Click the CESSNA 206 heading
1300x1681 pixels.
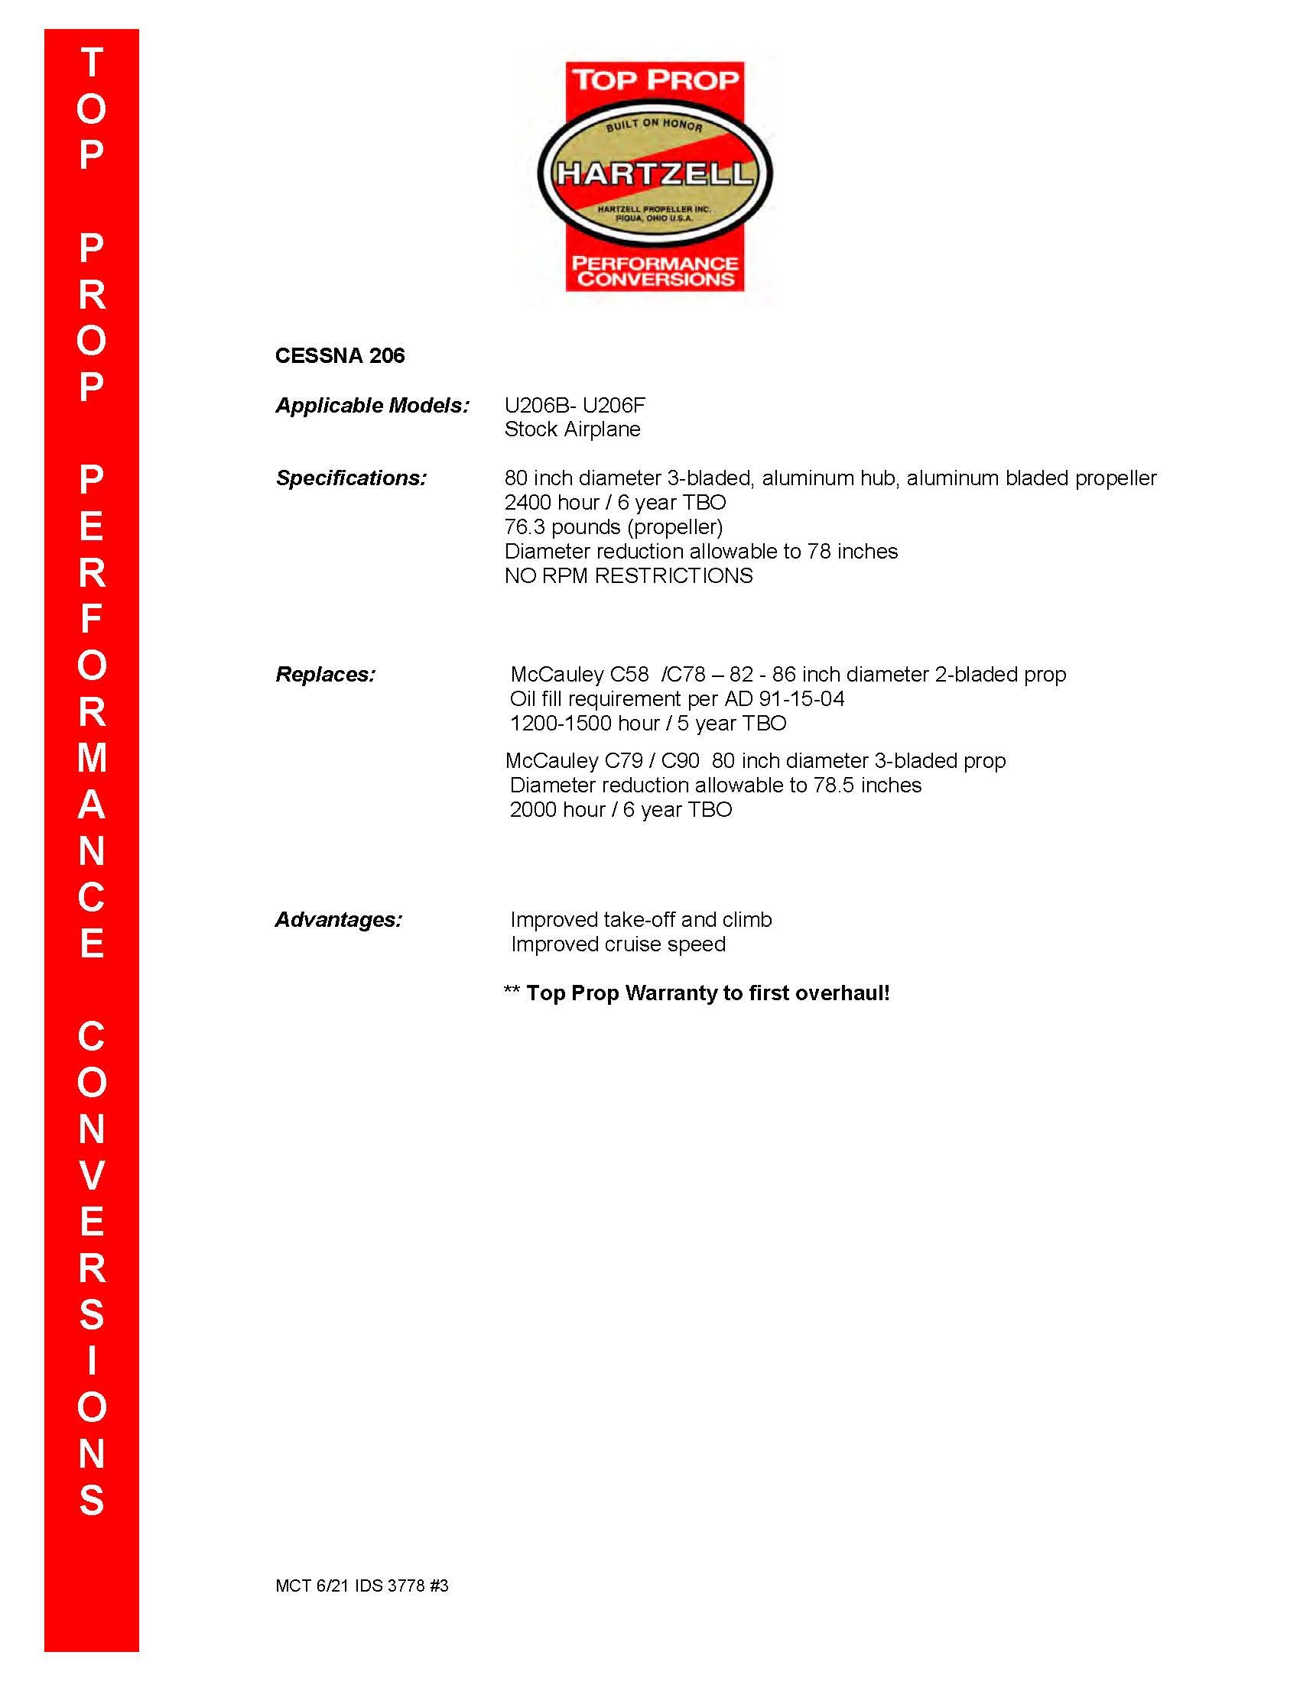tap(340, 355)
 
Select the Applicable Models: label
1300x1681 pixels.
tap(372, 406)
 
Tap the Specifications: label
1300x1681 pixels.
tap(351, 478)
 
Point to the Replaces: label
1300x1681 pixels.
tap(326, 674)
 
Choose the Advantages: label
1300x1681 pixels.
tap(339, 920)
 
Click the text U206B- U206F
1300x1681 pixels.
tap(574, 406)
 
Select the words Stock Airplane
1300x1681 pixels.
tap(572, 429)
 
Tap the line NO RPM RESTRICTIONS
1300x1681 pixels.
tap(629, 575)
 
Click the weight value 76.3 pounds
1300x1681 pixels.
tap(562, 527)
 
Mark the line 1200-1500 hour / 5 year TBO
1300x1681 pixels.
tap(648, 724)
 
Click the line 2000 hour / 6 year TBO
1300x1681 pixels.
tap(621, 810)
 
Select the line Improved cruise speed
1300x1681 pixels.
tap(618, 944)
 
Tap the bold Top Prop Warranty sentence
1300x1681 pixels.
tap(707, 993)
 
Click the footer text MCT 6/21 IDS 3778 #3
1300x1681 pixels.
tap(362, 1585)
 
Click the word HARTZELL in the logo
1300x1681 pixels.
tap(655, 173)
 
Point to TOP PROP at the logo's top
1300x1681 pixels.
tap(655, 79)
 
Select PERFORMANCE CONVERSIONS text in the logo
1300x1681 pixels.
tap(655, 271)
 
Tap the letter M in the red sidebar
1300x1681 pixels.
tap(92, 758)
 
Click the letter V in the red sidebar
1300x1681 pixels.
tap(92, 1175)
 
